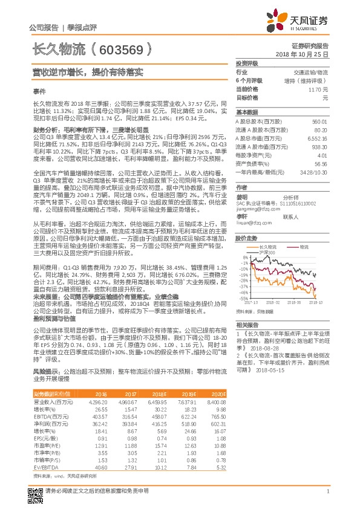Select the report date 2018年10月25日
[306, 54]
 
